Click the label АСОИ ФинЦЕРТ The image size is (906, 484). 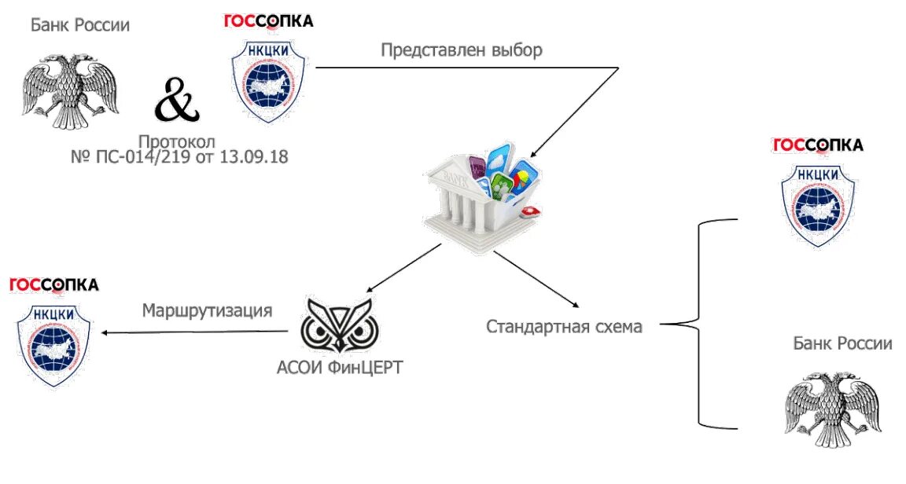(339, 367)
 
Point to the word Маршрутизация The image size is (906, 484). (207, 310)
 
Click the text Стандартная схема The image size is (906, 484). (564, 326)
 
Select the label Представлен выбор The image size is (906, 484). (462, 50)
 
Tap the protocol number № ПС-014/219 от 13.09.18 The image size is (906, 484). (179, 157)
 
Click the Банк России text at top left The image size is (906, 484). (80, 25)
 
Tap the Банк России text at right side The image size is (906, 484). (842, 343)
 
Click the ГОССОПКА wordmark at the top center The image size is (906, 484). (268, 20)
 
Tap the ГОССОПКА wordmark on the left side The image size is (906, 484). (54, 284)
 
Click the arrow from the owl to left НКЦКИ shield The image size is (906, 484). (197, 332)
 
